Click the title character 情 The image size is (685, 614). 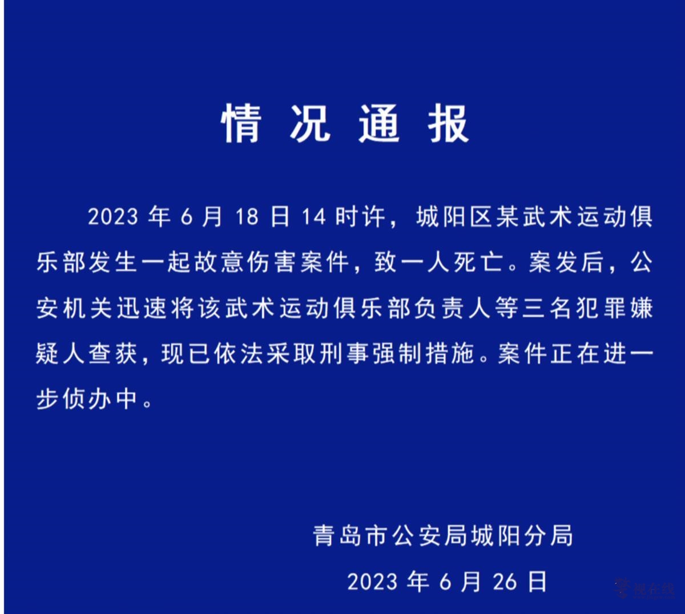click(241, 124)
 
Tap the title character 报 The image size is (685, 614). click(448, 124)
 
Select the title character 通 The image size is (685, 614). click(380, 124)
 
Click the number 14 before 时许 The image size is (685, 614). click(314, 217)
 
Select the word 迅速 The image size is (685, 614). click(142, 308)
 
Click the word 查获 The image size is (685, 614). click(112, 354)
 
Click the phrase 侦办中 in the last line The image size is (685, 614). click(100, 399)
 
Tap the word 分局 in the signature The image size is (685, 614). click(548, 536)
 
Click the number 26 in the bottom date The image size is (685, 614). click(505, 581)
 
